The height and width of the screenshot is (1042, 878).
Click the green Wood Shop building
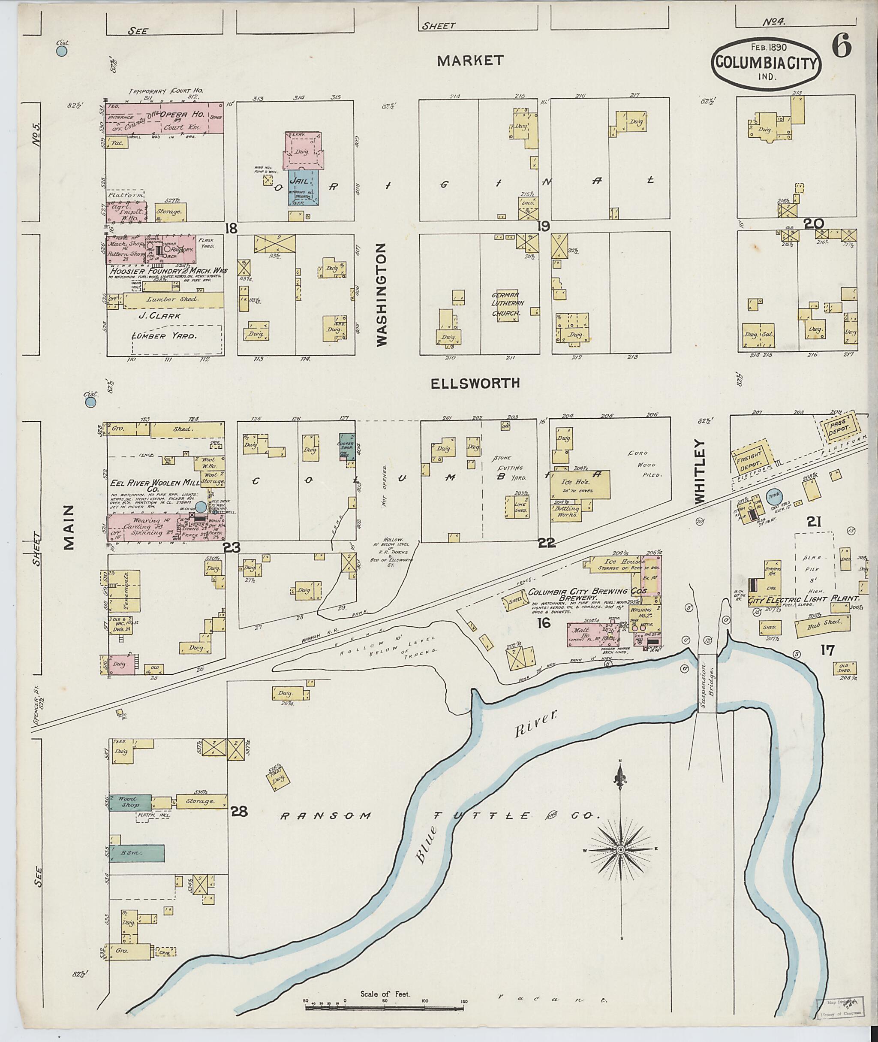click(x=130, y=803)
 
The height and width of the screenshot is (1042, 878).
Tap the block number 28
click(x=239, y=811)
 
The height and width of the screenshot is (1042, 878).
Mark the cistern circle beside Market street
click(x=62, y=50)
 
